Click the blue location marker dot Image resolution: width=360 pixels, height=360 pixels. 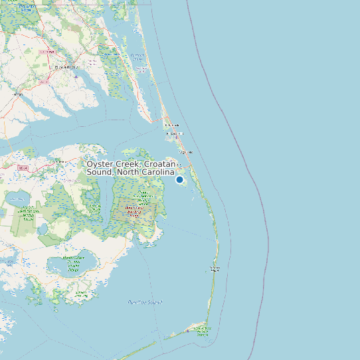(179, 179)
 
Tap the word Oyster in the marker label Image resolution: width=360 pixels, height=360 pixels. (100, 163)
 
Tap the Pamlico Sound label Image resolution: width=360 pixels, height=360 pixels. (145, 302)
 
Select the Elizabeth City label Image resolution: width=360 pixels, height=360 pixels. (66, 67)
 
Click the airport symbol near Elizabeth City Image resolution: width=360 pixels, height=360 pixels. (76, 76)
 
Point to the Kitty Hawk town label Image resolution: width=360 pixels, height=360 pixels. (172, 125)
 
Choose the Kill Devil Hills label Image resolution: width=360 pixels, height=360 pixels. (176, 133)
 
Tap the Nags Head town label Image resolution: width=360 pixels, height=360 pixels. (186, 151)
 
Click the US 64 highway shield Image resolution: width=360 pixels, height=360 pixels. (24, 168)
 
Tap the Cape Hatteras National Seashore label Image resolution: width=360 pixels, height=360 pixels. (215, 269)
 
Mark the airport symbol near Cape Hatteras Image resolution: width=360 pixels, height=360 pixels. (200, 329)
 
